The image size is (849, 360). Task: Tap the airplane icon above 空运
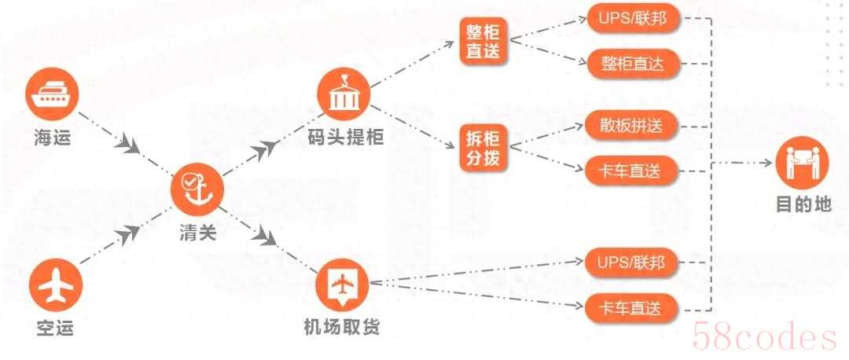click(55, 285)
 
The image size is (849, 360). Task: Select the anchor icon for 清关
click(197, 189)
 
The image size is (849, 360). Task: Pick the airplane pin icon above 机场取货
click(342, 285)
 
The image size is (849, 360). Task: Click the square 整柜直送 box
click(483, 42)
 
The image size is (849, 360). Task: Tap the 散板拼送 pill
click(631, 127)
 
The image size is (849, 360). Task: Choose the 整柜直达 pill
click(632, 64)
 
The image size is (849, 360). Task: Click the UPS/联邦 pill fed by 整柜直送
click(632, 20)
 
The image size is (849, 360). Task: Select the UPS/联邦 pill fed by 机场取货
click(631, 263)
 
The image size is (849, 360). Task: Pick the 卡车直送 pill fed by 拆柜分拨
click(631, 171)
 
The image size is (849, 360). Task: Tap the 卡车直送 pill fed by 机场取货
click(631, 309)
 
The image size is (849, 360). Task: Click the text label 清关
click(197, 233)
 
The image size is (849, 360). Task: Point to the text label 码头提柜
click(344, 138)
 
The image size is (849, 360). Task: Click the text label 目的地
click(803, 204)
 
